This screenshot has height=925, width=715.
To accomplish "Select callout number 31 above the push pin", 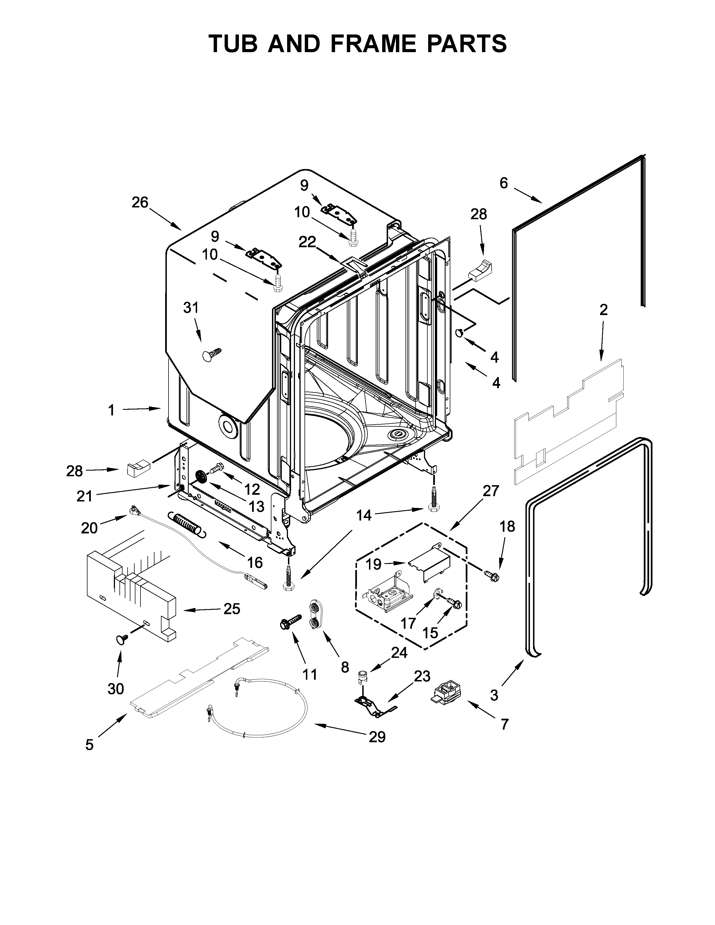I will point(191,308).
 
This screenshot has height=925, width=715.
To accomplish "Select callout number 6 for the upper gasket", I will point(503,183).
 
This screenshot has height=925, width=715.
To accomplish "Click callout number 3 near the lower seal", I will point(494,695).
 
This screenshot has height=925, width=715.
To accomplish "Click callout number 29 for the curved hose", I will point(377,737).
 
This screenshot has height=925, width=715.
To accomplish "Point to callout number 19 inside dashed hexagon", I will point(373,564).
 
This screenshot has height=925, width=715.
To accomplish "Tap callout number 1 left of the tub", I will point(111,410).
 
